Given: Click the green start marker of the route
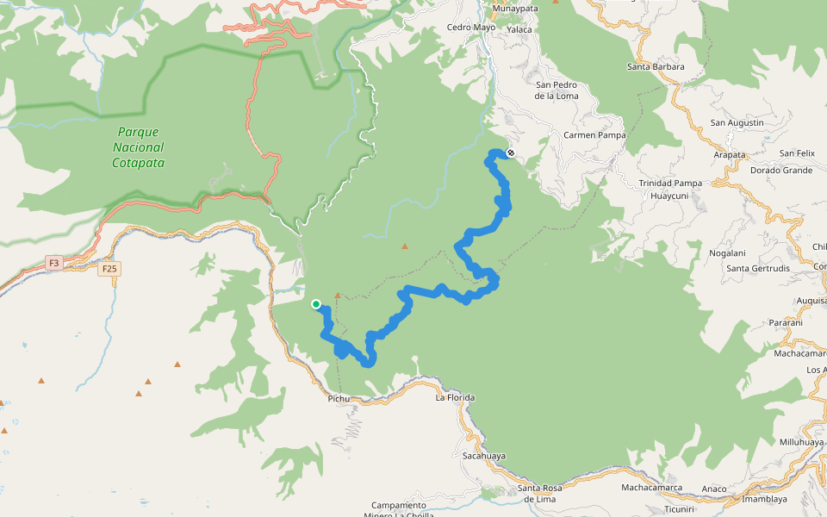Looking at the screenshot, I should pos(316,303).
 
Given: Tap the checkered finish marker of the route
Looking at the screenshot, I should pos(511,153).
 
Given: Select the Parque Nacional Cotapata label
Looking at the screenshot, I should pos(138,147).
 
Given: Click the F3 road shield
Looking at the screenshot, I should pos(54,263).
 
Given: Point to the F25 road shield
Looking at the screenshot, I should pos(109,269).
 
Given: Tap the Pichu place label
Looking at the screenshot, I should pos(339,399).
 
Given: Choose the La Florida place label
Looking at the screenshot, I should pos(455,397).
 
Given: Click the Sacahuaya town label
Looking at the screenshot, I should pos(483,455).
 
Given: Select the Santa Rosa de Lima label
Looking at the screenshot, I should pos(540,494).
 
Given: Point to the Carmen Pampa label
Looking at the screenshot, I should pos(594,135).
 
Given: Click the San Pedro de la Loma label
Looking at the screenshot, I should pos(557,90).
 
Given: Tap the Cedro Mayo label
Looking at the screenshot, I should pos(471,27).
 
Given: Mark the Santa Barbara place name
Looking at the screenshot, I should pos(656,66).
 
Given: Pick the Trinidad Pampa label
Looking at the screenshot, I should pos(669,183).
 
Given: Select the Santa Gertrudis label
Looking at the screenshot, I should pos(758,268).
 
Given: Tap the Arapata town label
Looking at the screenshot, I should pos(730,155).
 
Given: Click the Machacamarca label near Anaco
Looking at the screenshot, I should pos(651,488).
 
